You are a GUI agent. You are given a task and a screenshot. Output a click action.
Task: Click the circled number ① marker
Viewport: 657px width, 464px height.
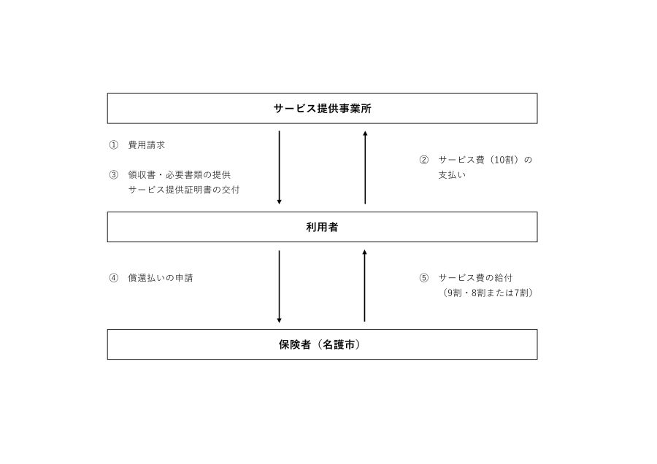[114, 145]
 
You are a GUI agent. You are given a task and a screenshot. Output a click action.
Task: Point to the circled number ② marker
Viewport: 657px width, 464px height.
[424, 160]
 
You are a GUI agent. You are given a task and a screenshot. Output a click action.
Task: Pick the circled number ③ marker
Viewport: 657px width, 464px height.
[114, 175]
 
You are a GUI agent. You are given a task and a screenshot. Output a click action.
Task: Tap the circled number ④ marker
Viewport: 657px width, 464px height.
[114, 278]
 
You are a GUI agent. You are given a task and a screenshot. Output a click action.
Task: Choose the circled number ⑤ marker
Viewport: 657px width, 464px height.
[424, 278]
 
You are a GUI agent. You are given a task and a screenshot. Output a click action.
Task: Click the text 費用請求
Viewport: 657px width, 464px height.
[147, 145]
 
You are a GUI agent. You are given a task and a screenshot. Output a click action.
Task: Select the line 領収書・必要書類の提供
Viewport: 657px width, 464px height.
[180, 175]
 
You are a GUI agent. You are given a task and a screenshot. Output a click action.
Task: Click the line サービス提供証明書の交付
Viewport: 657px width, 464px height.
[184, 190]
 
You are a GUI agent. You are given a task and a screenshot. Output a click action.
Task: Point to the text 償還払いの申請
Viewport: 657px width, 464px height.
[161, 278]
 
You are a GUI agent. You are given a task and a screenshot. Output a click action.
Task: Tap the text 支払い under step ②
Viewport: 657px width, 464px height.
[452, 175]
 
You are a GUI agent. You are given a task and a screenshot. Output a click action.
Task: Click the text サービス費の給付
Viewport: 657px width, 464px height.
[475, 278]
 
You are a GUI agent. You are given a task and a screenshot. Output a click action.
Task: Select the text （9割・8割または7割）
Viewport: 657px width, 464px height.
[488, 293]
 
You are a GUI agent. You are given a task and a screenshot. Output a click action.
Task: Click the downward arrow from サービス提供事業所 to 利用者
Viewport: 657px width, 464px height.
[280, 168]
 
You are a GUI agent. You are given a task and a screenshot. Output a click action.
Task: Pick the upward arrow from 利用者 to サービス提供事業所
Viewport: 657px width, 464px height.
[366, 168]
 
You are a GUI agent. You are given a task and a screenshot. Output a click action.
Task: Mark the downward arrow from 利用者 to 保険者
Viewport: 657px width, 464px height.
[280, 287]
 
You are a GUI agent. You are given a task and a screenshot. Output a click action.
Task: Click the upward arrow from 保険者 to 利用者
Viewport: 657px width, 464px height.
[364, 285]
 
